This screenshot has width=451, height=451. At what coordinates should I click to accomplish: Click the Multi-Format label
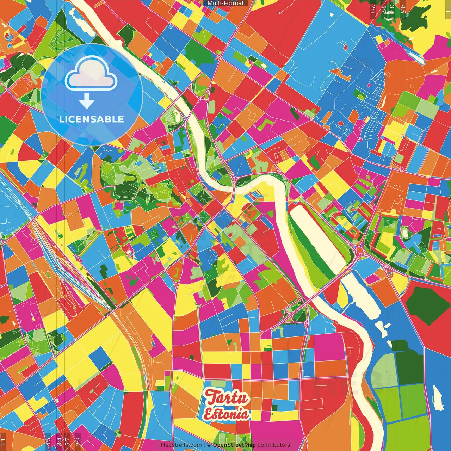[x=225, y=3]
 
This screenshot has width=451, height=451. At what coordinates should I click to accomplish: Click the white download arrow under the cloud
[x=87, y=101]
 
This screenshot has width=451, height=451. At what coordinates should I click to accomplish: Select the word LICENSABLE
[x=92, y=119]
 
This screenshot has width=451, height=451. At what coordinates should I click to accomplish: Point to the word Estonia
[x=227, y=414]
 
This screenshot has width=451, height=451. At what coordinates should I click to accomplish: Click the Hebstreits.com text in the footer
[x=181, y=445]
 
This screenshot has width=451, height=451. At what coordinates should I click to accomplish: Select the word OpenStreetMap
[x=234, y=445]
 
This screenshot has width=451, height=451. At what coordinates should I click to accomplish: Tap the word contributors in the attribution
[x=274, y=445]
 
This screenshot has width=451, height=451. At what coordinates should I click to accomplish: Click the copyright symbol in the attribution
[x=209, y=445]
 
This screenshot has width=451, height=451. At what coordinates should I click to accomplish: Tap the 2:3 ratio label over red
[x=373, y=9]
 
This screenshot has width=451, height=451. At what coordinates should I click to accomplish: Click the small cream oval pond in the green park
[x=404, y=232]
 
